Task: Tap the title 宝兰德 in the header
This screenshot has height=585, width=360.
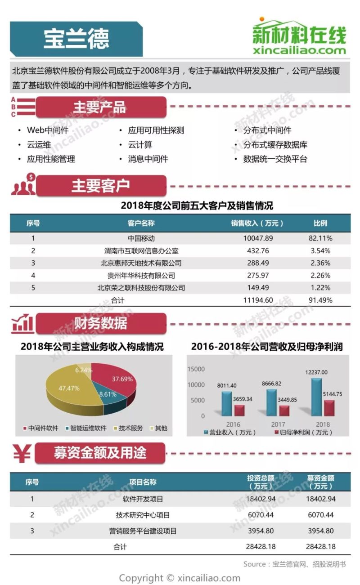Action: (x=76, y=39)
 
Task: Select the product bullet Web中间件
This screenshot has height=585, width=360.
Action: (x=47, y=130)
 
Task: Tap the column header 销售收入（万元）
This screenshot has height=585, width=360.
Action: (x=257, y=223)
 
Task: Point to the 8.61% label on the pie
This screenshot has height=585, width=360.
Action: (x=108, y=394)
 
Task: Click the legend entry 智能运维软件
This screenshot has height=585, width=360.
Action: (x=88, y=428)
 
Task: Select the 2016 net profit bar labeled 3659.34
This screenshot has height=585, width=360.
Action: (x=239, y=410)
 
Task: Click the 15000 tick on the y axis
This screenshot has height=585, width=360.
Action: (x=196, y=369)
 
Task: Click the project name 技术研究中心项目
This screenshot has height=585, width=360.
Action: (x=143, y=515)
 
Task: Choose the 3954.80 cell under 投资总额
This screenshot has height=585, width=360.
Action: (x=261, y=531)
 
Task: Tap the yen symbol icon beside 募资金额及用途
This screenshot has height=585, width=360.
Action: (x=21, y=453)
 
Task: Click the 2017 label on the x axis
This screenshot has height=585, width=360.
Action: (x=278, y=424)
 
